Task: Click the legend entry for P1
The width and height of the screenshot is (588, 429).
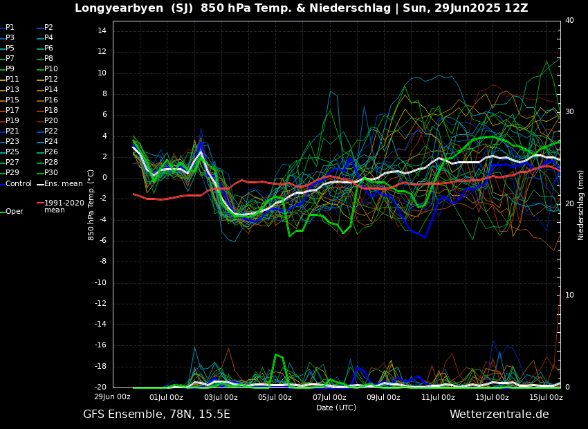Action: click(10, 28)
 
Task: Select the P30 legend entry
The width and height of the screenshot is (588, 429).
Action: click(50, 173)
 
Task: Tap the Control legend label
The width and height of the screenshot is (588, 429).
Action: click(19, 183)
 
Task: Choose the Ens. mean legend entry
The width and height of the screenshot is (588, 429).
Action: click(63, 183)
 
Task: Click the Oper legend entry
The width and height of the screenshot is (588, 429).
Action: click(14, 212)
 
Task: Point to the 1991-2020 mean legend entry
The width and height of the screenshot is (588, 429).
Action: click(64, 206)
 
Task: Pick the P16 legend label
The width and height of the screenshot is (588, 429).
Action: click(50, 100)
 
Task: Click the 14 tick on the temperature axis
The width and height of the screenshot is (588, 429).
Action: click(100, 31)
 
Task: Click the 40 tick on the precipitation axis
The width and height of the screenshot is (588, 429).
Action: click(569, 21)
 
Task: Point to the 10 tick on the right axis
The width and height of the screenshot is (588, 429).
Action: click(569, 295)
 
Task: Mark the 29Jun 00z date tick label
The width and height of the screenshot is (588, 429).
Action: click(112, 397)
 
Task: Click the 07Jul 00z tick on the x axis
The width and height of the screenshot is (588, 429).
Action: click(329, 397)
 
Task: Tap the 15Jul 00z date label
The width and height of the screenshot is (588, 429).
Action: click(546, 397)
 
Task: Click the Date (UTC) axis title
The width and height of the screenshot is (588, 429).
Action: click(336, 408)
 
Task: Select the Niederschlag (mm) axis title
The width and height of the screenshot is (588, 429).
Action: click(581, 205)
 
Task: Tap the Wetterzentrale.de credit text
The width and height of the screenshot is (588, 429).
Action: click(499, 414)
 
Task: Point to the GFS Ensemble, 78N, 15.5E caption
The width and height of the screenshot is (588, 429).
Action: click(156, 414)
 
